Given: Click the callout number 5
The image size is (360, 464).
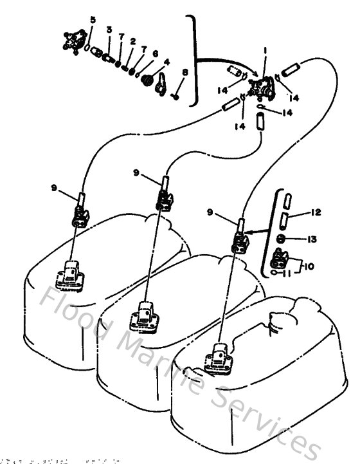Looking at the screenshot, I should tap(93, 21).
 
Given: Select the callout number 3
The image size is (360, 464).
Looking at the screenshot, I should tap(109, 30).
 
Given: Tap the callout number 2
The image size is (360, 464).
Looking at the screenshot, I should tap(133, 41).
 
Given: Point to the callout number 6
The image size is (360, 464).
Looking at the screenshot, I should tap(155, 53).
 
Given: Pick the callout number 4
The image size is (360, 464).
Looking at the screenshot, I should tap(166, 62).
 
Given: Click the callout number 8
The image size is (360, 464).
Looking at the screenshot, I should tap(184, 73).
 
